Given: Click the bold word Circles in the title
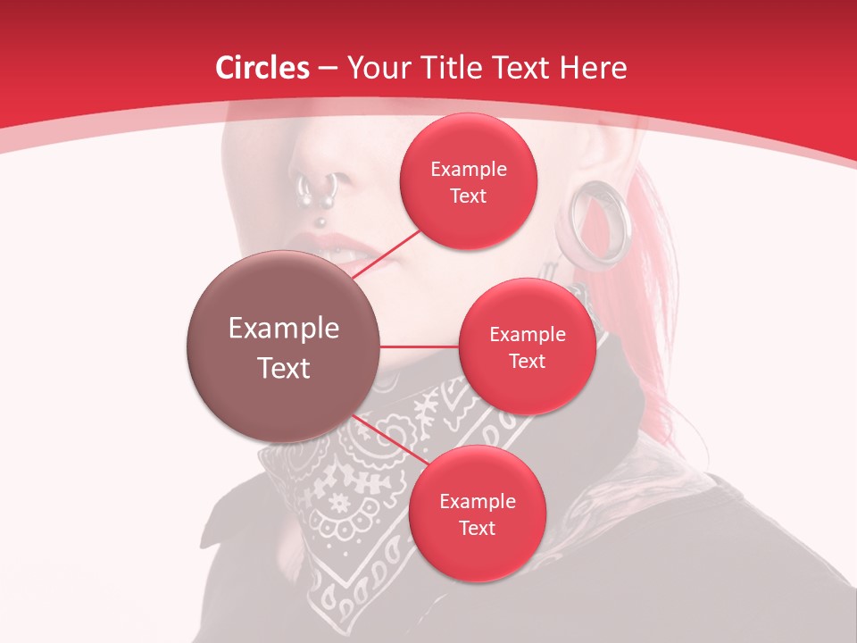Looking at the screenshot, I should (262, 68).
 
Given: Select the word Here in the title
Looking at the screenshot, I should (593, 68).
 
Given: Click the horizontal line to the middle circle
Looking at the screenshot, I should (420, 347).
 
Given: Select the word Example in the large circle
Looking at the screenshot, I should (283, 329).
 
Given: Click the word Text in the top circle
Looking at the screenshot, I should (468, 196).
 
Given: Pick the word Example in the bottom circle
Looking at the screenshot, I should (477, 502).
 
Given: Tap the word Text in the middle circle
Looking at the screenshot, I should (527, 362).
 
